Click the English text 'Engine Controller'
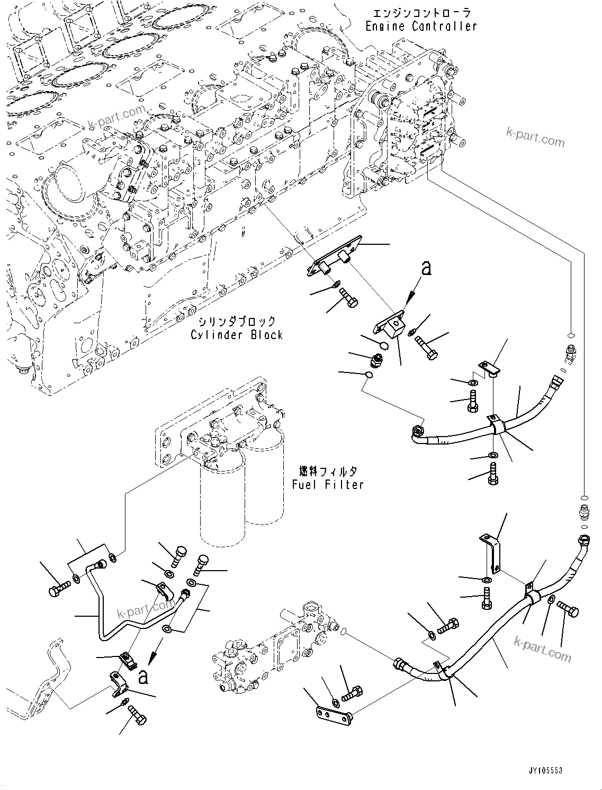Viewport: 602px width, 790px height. (x=421, y=25)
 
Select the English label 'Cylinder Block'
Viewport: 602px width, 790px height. (x=237, y=335)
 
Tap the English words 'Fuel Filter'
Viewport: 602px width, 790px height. (x=328, y=484)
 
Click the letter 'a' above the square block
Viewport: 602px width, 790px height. (x=426, y=269)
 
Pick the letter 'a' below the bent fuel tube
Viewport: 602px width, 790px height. (x=142, y=677)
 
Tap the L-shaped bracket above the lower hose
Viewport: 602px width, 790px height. (x=490, y=552)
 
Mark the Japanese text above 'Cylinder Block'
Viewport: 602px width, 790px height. (x=237, y=322)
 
